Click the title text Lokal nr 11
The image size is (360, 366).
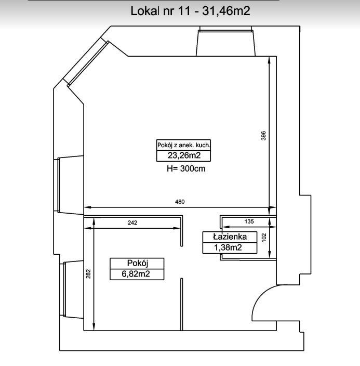coord(161,11)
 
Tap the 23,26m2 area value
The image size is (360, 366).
coord(184,155)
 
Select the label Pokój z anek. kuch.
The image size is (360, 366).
coord(183,145)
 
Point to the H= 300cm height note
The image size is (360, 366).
coord(186,168)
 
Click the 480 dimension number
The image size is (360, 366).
coord(180,202)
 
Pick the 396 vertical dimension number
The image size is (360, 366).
coord(263,136)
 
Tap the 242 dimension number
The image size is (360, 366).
coord(132,223)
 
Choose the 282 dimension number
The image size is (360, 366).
coord(88,274)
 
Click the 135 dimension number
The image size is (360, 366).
coord(249,221)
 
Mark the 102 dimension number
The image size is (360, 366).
coord(264,238)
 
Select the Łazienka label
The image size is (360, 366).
coord(230,237)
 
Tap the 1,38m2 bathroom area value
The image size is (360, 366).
coord(228,247)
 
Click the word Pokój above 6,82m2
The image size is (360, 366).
coord(138,263)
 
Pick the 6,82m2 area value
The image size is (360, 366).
coord(136,274)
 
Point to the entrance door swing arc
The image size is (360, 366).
coord(259,296)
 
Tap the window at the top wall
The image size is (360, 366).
coord(226,29)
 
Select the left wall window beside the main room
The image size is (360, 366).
coord(58,185)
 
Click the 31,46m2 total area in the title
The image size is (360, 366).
coord(226,11)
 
